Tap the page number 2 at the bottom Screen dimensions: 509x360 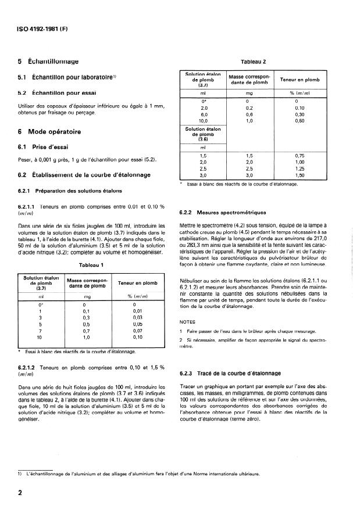20,493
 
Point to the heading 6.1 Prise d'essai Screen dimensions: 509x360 45,146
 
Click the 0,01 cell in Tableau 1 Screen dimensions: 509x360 137,311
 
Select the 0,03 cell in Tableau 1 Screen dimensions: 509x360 137,317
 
